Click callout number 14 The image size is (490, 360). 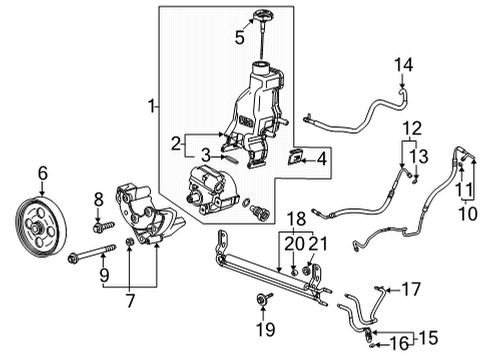404,66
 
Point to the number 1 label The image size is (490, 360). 152,106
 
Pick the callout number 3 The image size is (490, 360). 204,156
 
